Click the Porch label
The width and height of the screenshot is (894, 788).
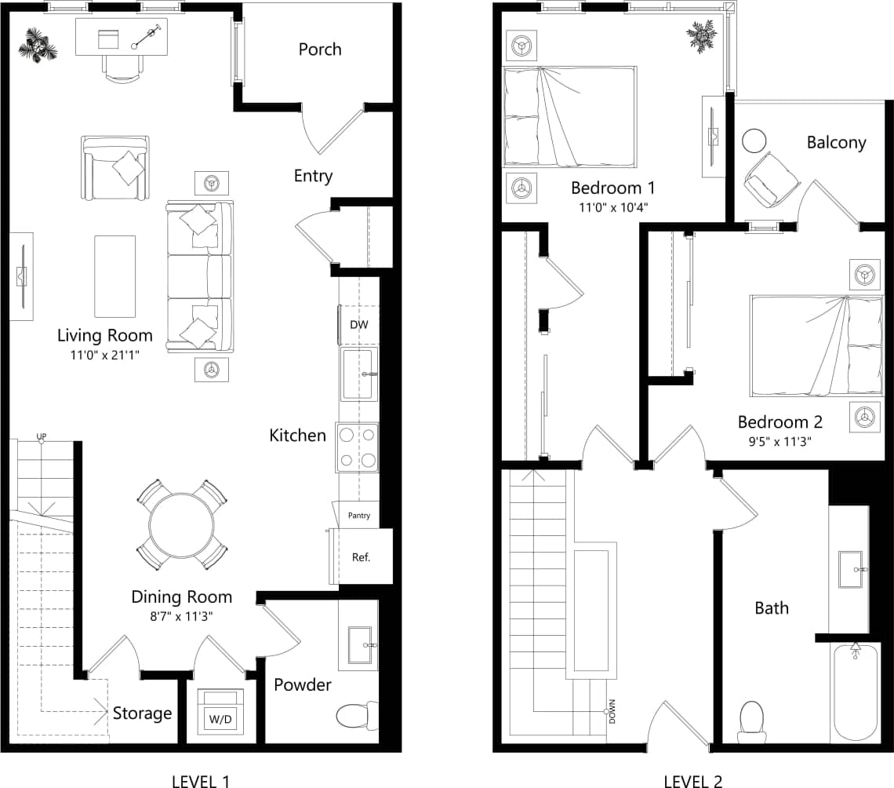320,49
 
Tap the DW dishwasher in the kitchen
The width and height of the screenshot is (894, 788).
358,324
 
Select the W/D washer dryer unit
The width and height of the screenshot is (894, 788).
220,710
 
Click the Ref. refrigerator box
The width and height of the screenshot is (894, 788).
361,557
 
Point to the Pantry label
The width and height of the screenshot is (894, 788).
358,516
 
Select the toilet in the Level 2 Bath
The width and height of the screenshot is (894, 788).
751,720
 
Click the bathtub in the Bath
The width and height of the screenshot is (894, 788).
855,691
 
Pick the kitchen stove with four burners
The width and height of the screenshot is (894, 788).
358,447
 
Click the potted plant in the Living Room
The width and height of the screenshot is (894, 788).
38,45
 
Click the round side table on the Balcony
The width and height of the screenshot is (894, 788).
754,140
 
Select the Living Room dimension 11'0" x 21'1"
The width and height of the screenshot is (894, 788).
104,355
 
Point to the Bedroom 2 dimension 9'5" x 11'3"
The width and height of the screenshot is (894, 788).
773,441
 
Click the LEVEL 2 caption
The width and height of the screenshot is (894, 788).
692,780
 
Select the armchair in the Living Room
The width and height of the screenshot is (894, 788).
115,167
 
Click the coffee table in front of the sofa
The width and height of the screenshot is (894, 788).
114,275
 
